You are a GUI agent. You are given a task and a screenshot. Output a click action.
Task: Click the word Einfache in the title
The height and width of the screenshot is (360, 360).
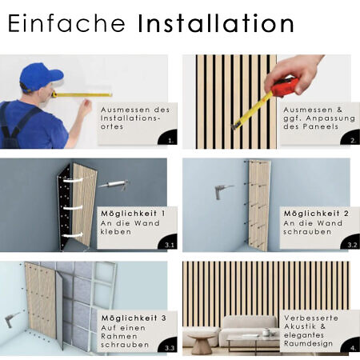[x=66, y=23]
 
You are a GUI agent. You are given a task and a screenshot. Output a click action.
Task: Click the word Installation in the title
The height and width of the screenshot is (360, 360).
[x=216, y=23]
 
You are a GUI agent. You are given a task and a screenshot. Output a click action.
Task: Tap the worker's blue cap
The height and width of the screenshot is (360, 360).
[x=40, y=77]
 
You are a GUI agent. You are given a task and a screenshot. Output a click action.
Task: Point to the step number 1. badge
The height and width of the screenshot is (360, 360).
[x=168, y=138]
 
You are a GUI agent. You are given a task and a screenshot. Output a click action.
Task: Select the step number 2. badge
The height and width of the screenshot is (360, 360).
[x=350, y=138]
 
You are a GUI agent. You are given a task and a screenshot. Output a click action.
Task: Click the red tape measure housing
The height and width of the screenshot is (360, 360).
[x=285, y=87]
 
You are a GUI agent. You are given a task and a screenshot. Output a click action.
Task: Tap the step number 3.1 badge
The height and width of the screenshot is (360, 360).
[x=168, y=242]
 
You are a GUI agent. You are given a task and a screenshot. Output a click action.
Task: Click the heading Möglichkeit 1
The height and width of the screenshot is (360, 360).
[x=133, y=214]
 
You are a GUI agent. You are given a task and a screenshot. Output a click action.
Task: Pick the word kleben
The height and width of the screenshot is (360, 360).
[x=116, y=231]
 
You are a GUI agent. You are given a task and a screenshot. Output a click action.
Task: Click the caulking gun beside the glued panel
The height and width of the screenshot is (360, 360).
[x=114, y=185]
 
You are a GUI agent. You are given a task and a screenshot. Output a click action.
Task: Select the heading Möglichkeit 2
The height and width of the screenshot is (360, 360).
[x=316, y=214]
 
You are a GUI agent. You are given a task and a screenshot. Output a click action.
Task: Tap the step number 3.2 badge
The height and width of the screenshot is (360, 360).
[x=350, y=242]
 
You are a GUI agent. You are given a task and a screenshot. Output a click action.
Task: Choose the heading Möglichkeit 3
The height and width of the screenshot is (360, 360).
[x=134, y=318]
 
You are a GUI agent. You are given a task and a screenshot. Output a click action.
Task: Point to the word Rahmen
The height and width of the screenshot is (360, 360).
[x=119, y=336]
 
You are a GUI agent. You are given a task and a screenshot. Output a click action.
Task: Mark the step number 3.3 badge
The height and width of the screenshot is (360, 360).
[x=168, y=346]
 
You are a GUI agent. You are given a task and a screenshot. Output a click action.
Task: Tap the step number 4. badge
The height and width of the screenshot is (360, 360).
[x=350, y=346]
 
